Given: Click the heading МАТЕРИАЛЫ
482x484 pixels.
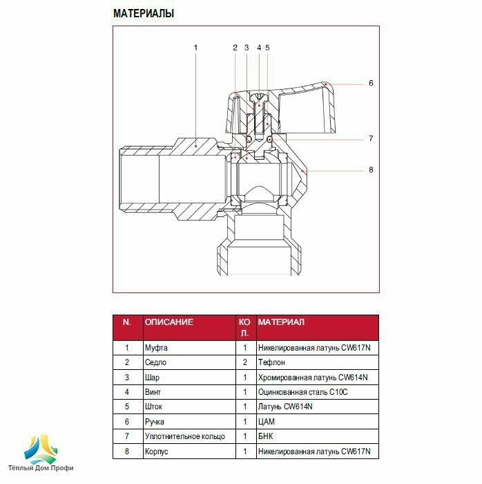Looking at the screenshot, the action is [143, 13].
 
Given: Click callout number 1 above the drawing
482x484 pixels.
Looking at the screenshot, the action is [195, 48].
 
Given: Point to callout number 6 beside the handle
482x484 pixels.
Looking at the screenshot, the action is [370, 84].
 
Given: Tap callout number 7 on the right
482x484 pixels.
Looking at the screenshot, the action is [370, 139].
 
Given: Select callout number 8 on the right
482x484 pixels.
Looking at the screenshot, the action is [370, 169].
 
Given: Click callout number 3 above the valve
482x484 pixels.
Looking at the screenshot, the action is [247, 48].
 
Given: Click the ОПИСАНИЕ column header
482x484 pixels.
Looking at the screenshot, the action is [168, 322].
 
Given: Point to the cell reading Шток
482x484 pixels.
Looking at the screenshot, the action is [153, 407].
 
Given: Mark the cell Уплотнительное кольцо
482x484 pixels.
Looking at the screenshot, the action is [184, 436].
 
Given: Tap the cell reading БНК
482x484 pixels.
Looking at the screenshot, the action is [265, 436].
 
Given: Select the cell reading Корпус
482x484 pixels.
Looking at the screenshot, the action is [157, 452].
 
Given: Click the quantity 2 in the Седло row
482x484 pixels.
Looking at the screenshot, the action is [245, 362].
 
